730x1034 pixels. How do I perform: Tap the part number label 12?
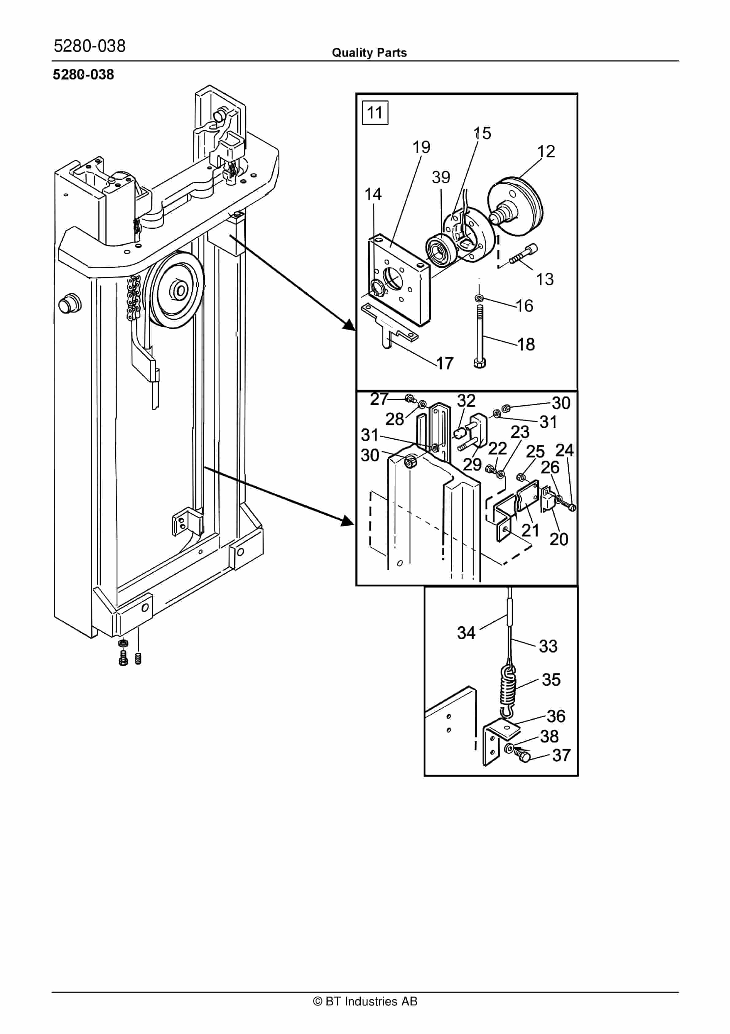(546, 151)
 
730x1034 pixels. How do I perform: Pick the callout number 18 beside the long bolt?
(526, 344)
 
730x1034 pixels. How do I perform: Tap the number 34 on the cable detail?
(466, 633)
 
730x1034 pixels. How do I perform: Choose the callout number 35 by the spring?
(551, 680)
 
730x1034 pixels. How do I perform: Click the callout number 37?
(561, 755)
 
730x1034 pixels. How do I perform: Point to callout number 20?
(559, 539)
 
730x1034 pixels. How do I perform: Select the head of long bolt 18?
(480, 363)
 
